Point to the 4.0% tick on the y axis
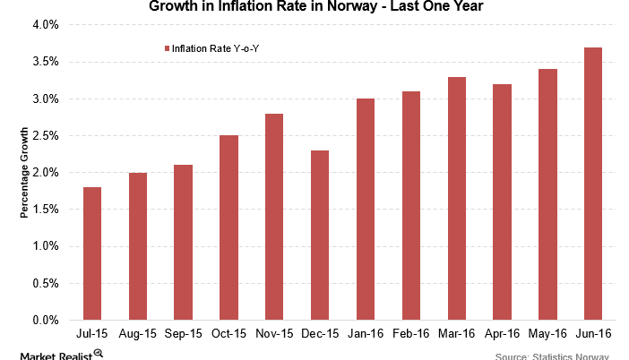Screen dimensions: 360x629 click(x=45, y=25)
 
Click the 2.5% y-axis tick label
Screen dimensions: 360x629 click(x=45, y=135)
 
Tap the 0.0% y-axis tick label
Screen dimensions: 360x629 click(x=45, y=320)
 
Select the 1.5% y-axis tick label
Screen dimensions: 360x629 click(x=45, y=209)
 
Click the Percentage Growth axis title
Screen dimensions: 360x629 click(x=25, y=173)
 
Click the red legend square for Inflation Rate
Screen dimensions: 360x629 click(x=165, y=48)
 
